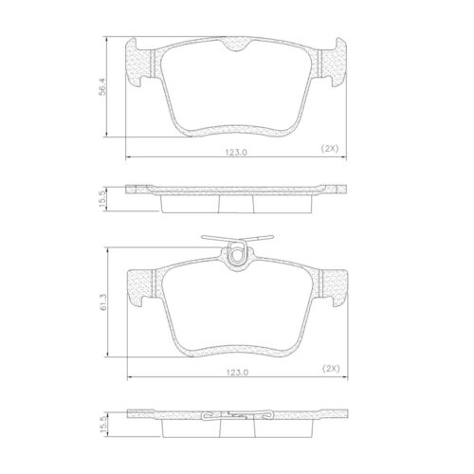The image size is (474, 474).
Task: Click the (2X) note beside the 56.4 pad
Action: coord(330,149)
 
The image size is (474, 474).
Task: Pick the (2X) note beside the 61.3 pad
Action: coord(330,367)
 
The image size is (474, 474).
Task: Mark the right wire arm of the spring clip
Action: coord(265,240)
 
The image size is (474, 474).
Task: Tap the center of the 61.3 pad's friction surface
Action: coord(237,308)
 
